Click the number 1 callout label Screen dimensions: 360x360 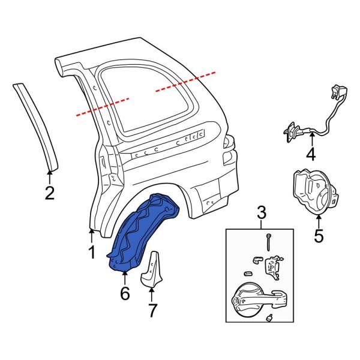(92, 253)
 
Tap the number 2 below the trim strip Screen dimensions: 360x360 (50, 193)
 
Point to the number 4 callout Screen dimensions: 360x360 (310, 155)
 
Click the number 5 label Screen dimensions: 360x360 (319, 236)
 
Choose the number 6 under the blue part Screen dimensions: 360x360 (124, 294)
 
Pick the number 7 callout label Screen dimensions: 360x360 (152, 311)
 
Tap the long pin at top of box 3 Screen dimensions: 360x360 (269, 243)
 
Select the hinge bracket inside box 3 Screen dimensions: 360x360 (275, 267)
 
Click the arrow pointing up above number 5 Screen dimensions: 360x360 (319, 221)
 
